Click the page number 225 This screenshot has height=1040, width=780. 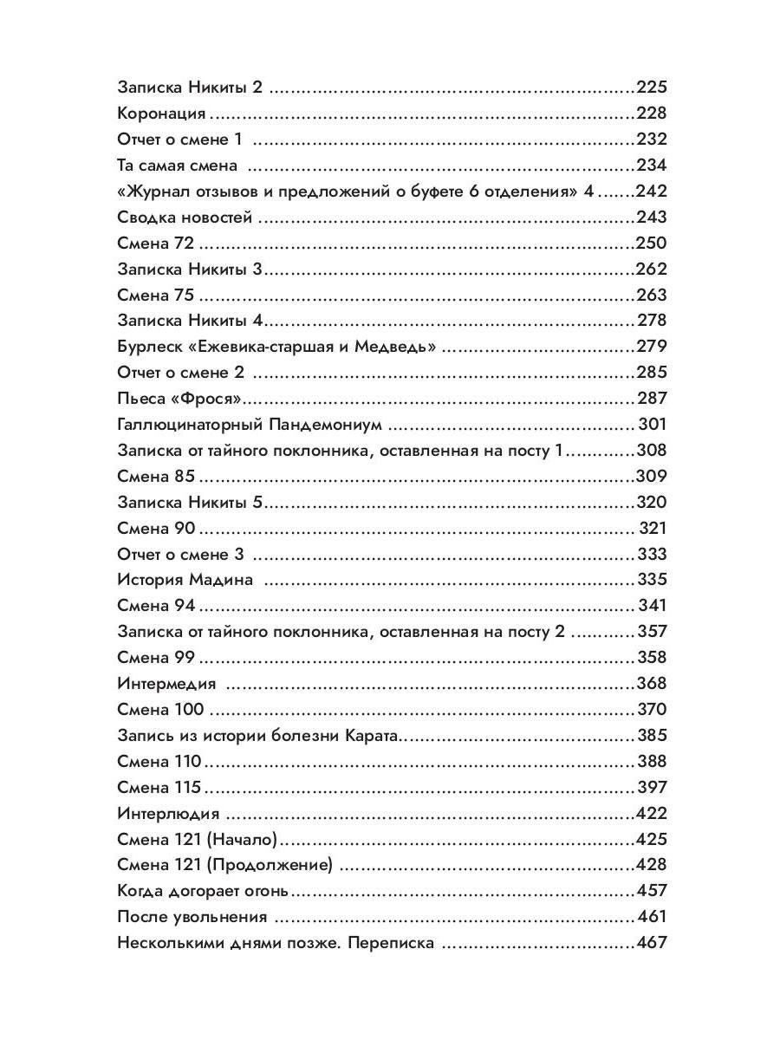[651, 88]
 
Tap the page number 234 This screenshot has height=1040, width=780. [651, 166]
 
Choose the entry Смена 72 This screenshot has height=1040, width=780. [155, 244]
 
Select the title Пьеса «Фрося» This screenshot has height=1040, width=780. [178, 399]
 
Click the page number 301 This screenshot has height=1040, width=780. [652, 425]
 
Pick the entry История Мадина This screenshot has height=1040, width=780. [185, 580]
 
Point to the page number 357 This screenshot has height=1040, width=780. [652, 632]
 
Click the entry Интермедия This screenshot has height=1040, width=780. [166, 684]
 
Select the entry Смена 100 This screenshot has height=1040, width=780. [160, 710]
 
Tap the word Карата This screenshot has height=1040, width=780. [374, 736]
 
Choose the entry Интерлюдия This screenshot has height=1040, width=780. [167, 814]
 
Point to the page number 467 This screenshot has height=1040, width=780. [651, 943]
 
